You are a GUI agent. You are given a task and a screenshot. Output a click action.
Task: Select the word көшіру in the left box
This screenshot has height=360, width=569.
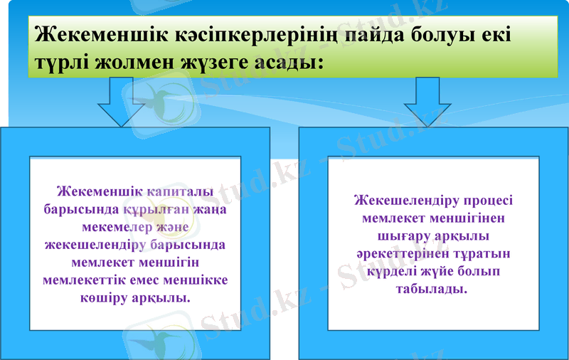click(105, 297)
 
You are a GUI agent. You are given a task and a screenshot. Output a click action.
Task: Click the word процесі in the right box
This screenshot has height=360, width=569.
click(489, 201)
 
